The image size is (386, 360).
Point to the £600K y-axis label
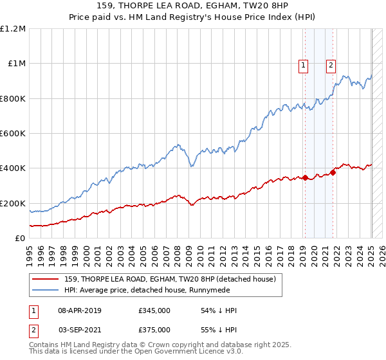tap(13, 134)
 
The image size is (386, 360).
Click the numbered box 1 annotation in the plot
tap(303, 64)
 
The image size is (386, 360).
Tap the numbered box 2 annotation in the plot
tap(331, 64)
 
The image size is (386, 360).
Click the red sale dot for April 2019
tap(306, 177)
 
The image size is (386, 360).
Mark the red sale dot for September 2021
tap(333, 172)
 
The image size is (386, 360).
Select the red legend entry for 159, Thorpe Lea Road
tap(170, 279)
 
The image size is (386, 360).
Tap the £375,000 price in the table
tap(154, 328)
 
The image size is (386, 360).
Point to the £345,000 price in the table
tap(154, 310)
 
